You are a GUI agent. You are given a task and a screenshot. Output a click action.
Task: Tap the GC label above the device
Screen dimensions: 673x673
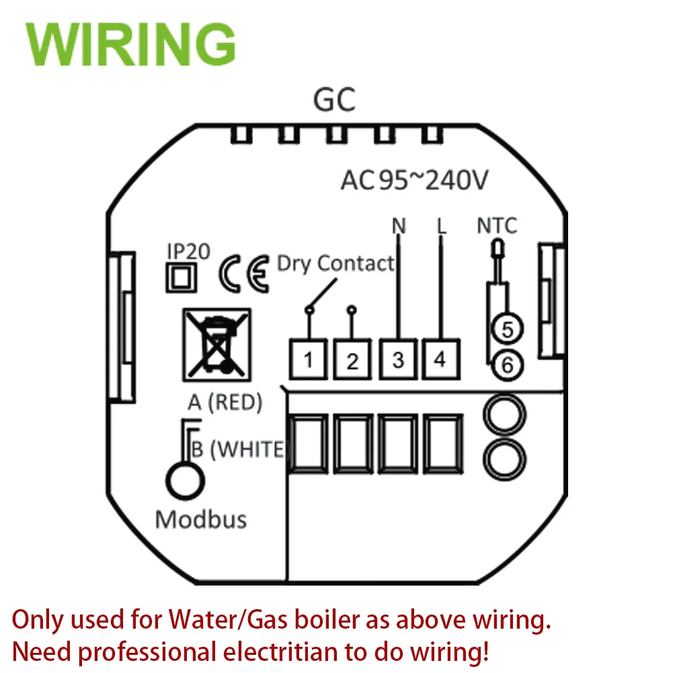point(334,101)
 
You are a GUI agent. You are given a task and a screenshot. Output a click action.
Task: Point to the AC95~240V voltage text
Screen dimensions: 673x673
point(414,181)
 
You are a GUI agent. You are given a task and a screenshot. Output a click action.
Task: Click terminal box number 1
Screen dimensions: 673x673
point(309,360)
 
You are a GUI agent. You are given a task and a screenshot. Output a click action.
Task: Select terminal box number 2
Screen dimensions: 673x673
point(353,360)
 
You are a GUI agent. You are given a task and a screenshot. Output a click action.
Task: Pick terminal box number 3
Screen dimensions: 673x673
point(398,360)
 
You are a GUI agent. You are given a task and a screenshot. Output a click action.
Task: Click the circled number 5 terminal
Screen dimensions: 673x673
point(508,329)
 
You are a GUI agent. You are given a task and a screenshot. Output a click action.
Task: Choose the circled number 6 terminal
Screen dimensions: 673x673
point(508,365)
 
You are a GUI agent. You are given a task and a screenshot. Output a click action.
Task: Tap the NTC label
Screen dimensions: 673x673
point(498,226)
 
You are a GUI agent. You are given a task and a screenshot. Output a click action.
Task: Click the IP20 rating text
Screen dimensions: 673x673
point(188,251)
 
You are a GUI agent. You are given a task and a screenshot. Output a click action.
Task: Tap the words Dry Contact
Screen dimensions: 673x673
point(335,263)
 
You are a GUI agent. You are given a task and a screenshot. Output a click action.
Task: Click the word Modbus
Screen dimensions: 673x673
point(200,519)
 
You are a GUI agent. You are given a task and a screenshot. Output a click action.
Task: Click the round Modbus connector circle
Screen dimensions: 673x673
point(184,480)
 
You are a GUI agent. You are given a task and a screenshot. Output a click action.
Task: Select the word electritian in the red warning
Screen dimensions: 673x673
point(306,651)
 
